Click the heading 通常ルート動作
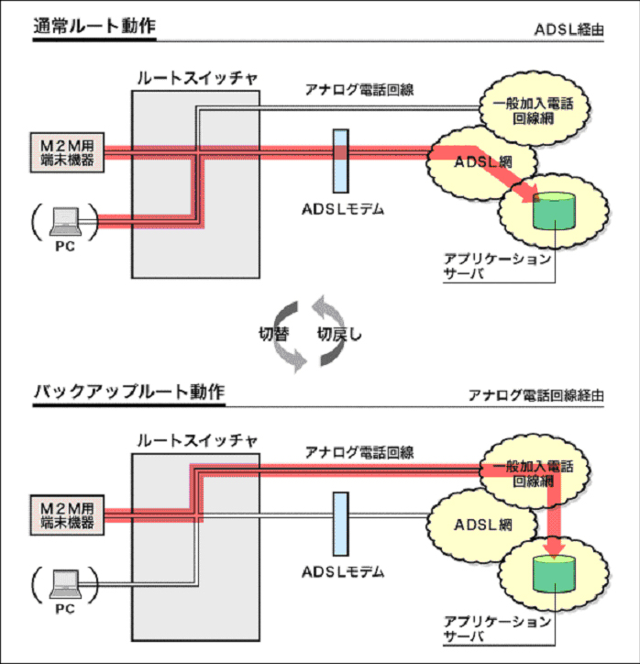(94, 26)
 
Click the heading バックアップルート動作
(128, 393)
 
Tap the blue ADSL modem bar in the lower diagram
(341, 523)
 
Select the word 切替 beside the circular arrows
(271, 334)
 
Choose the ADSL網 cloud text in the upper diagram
(482, 160)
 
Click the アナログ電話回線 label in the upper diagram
(359, 90)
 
